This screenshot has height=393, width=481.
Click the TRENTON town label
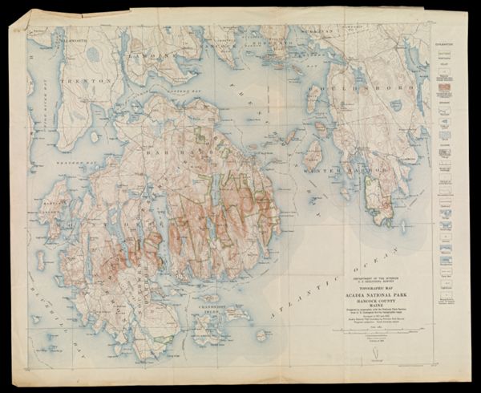pyautogui.click(x=69, y=82)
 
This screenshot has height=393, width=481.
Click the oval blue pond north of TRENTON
pyautogui.click(x=93, y=54)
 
